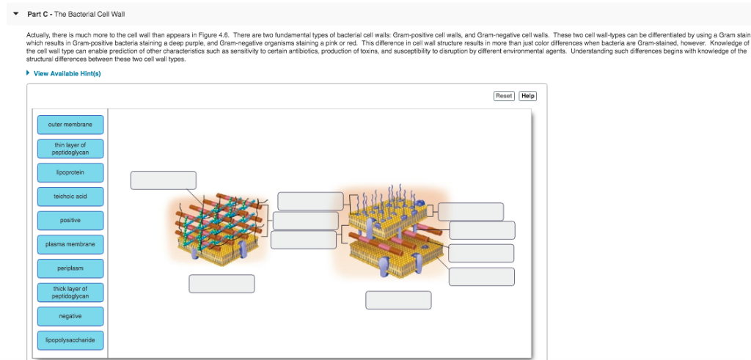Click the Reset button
pos(504,96)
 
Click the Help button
pos(528,96)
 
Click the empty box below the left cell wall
pos(221,283)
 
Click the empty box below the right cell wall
pos(398,300)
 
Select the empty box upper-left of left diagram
pos(163,180)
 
